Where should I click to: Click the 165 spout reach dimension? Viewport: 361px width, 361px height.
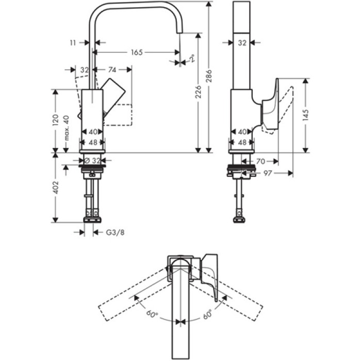pos(136,52)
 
